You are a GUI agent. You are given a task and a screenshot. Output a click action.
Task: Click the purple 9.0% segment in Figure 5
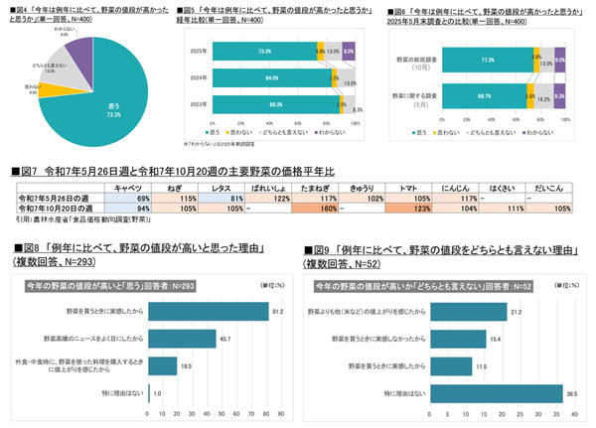click(x=348, y=51)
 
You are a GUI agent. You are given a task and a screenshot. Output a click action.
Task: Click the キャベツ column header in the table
click(x=132, y=187)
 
